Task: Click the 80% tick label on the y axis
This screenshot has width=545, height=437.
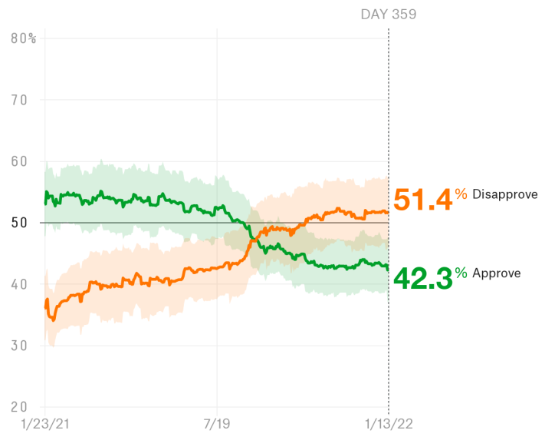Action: coord(23,38)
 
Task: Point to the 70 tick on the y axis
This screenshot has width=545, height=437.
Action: coord(19,100)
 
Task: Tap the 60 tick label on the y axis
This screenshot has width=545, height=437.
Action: coord(19,161)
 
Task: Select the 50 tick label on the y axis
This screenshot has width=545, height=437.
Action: coord(19,223)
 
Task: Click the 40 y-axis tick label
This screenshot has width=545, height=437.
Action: coord(19,284)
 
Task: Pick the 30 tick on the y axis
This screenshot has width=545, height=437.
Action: coord(19,346)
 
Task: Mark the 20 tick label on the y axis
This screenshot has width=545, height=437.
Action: coord(19,407)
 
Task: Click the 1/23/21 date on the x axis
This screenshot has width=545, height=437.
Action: coord(44,424)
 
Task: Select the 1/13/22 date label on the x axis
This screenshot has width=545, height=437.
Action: coord(388,424)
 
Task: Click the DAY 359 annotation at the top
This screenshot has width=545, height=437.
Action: coord(388,15)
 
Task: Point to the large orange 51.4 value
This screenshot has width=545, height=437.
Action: coord(422,200)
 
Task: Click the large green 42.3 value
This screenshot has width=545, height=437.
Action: coord(422,277)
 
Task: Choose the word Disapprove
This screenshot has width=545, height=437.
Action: coord(505,194)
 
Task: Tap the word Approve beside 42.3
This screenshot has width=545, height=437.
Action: coord(497,273)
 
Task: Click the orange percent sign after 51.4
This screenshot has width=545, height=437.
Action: coord(461,194)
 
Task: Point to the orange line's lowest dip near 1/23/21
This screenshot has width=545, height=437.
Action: coord(52,319)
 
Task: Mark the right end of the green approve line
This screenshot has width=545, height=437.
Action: coord(388,268)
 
